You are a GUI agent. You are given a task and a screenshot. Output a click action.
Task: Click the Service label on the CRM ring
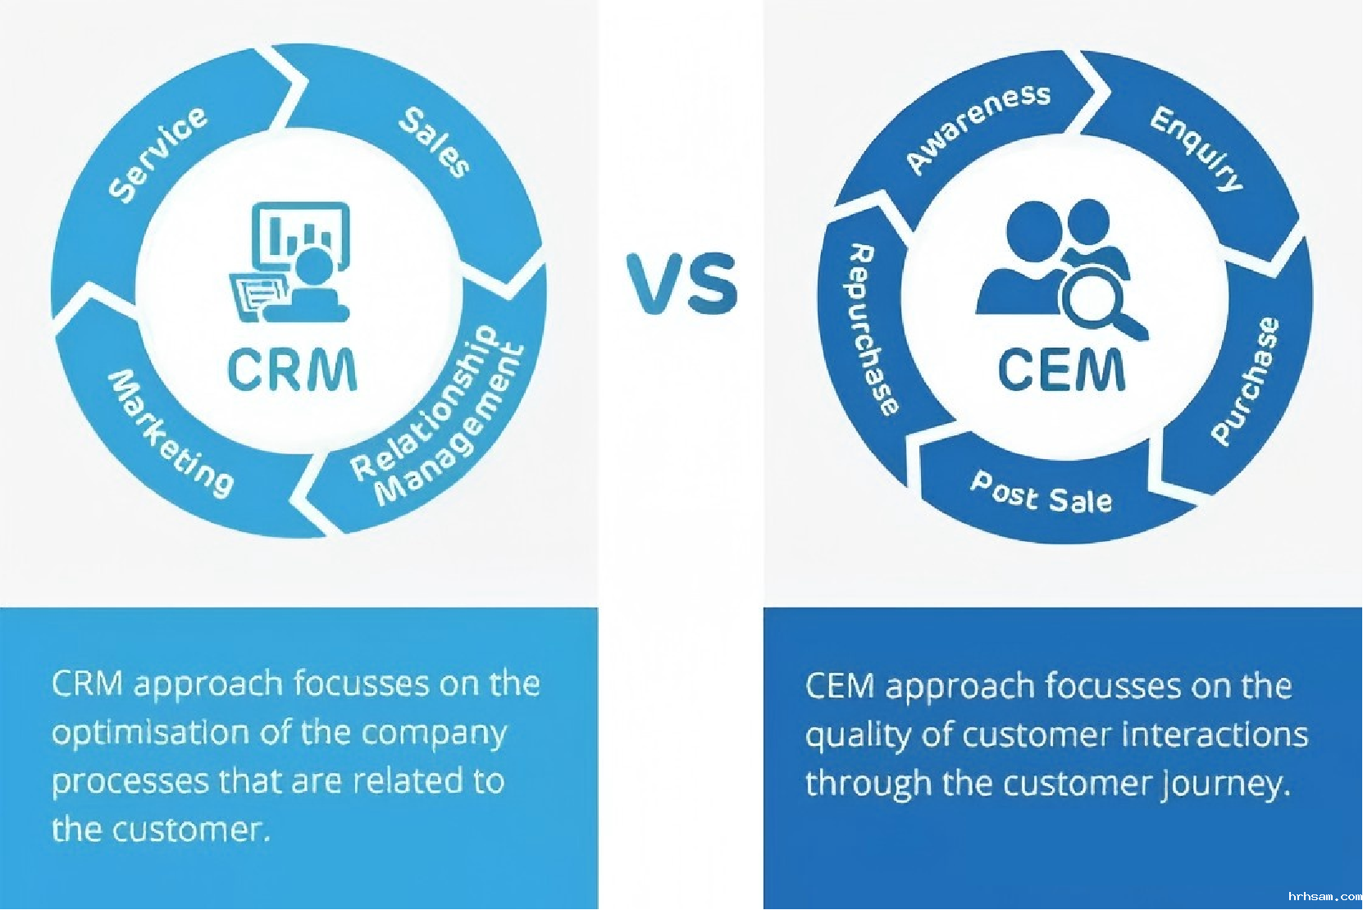click(159, 153)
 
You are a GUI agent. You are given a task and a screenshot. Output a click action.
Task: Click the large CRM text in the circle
click(292, 371)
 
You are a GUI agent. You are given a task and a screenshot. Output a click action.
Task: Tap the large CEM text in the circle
click(1062, 370)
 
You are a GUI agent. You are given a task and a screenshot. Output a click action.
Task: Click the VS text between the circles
click(682, 284)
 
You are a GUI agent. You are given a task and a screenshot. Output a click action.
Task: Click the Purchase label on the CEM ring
click(1245, 381)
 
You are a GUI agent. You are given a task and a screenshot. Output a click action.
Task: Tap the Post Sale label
click(1042, 493)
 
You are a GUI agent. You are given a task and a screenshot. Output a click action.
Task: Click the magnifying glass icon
click(1099, 303)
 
